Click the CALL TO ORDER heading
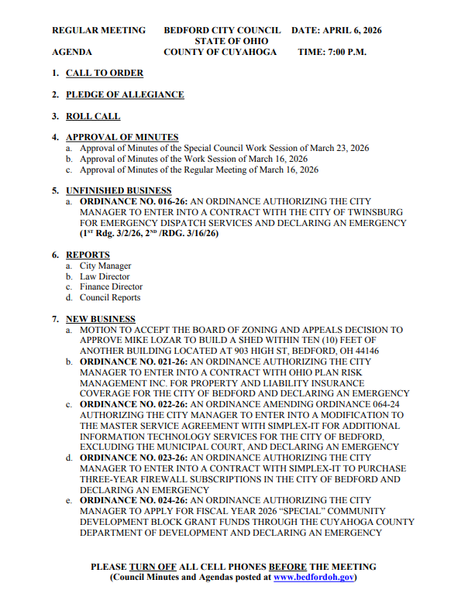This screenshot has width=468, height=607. [x=105, y=73]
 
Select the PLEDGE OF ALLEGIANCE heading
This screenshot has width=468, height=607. [x=125, y=94]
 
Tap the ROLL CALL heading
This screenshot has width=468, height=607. [x=93, y=116]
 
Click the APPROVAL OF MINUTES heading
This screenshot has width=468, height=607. [x=122, y=137]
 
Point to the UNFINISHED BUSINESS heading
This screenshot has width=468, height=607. [x=119, y=190]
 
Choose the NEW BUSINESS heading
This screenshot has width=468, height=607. [x=100, y=319]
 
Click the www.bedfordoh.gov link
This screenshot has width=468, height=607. [x=313, y=577]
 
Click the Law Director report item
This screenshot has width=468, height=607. [x=105, y=276]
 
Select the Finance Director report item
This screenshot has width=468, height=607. [x=111, y=286]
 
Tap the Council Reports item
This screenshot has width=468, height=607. [x=110, y=297]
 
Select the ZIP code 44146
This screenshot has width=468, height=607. [x=362, y=351]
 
